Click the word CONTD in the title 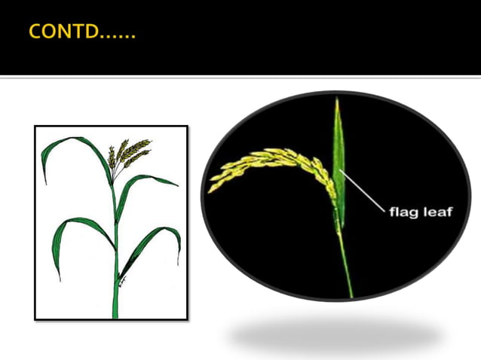click(x=65, y=32)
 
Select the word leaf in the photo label click(x=438, y=212)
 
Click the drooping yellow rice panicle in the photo click(x=271, y=162)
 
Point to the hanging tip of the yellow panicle click(x=213, y=188)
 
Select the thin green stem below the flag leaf click(x=346, y=264)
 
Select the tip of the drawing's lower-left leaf click(x=57, y=278)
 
